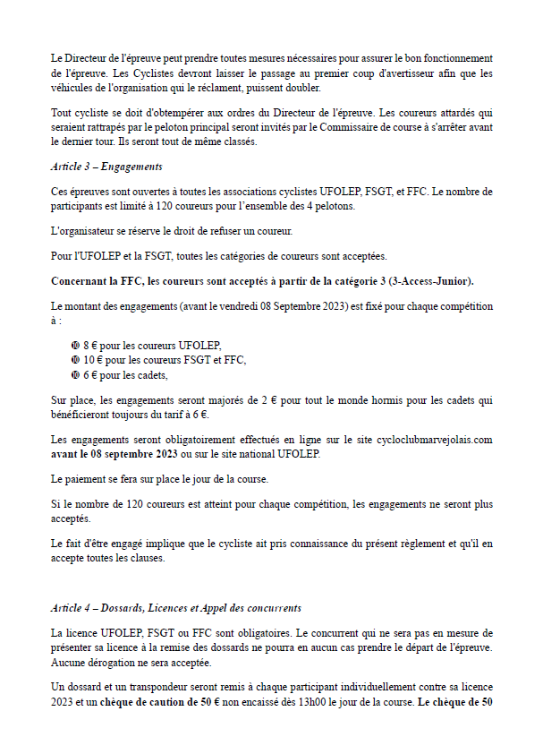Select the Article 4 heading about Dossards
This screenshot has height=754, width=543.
[x=175, y=608]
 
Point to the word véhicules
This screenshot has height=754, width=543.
[x=72, y=88]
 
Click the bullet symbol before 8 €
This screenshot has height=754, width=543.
[x=75, y=346]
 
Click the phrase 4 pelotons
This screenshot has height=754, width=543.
[x=335, y=206]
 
